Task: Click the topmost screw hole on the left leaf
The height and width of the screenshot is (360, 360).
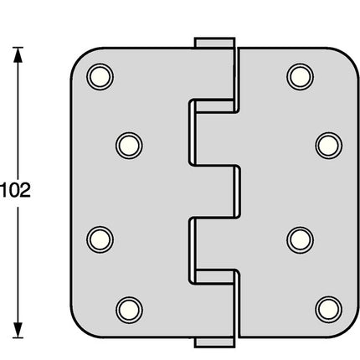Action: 99,76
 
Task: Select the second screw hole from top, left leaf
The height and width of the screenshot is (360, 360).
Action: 127,145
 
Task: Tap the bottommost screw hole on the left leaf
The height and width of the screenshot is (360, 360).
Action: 127,307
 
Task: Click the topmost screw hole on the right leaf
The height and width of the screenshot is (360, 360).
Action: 298,76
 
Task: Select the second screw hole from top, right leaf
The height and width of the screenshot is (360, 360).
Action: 327,145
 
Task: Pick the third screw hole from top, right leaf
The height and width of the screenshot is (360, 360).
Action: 298,239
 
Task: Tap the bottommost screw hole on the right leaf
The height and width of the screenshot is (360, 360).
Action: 327,307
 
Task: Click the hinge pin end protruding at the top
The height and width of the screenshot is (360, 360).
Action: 213,42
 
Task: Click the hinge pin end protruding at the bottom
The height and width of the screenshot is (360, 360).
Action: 213,342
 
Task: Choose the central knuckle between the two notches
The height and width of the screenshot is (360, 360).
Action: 214,192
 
